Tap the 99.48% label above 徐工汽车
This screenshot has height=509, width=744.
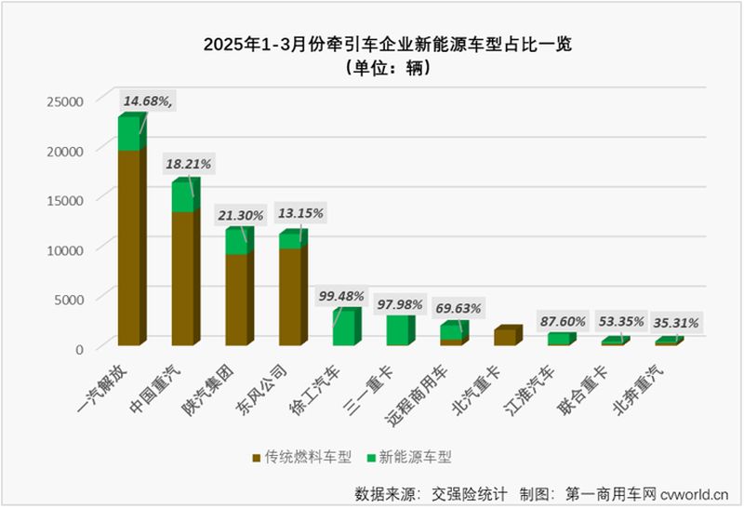click(340, 296)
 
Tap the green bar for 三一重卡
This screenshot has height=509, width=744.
click(398, 330)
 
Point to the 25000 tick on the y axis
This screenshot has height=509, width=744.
click(66, 100)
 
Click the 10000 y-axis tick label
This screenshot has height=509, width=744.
click(66, 248)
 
